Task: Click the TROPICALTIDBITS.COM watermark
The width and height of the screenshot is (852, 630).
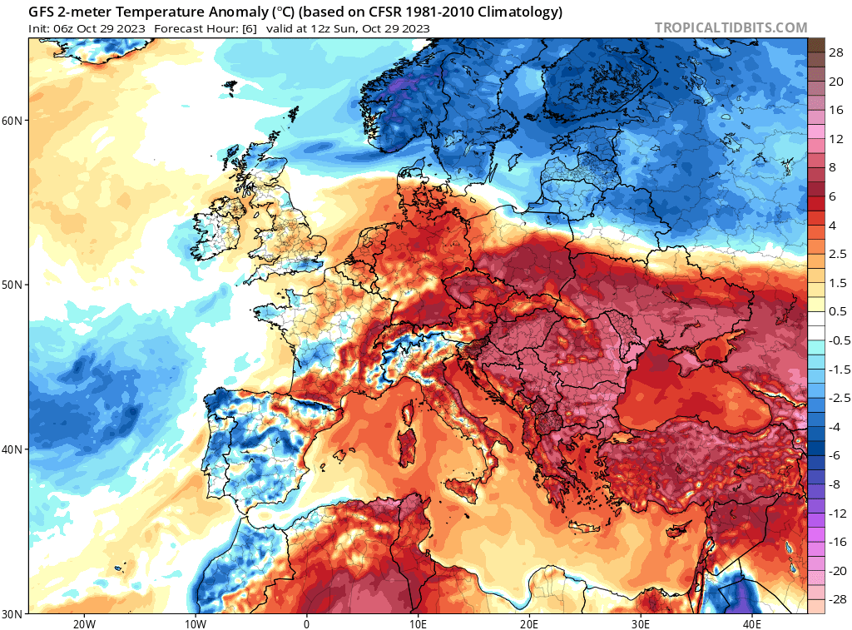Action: tap(731, 27)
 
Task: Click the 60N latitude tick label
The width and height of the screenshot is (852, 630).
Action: tap(12, 121)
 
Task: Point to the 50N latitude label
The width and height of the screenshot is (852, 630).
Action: tap(12, 285)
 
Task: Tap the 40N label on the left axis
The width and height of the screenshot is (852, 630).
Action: tap(12, 449)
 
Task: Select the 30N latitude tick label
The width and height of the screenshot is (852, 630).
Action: tap(12, 613)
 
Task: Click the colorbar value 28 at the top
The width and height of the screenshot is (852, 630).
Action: tap(836, 52)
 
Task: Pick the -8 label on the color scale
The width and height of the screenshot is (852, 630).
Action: tap(836, 484)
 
